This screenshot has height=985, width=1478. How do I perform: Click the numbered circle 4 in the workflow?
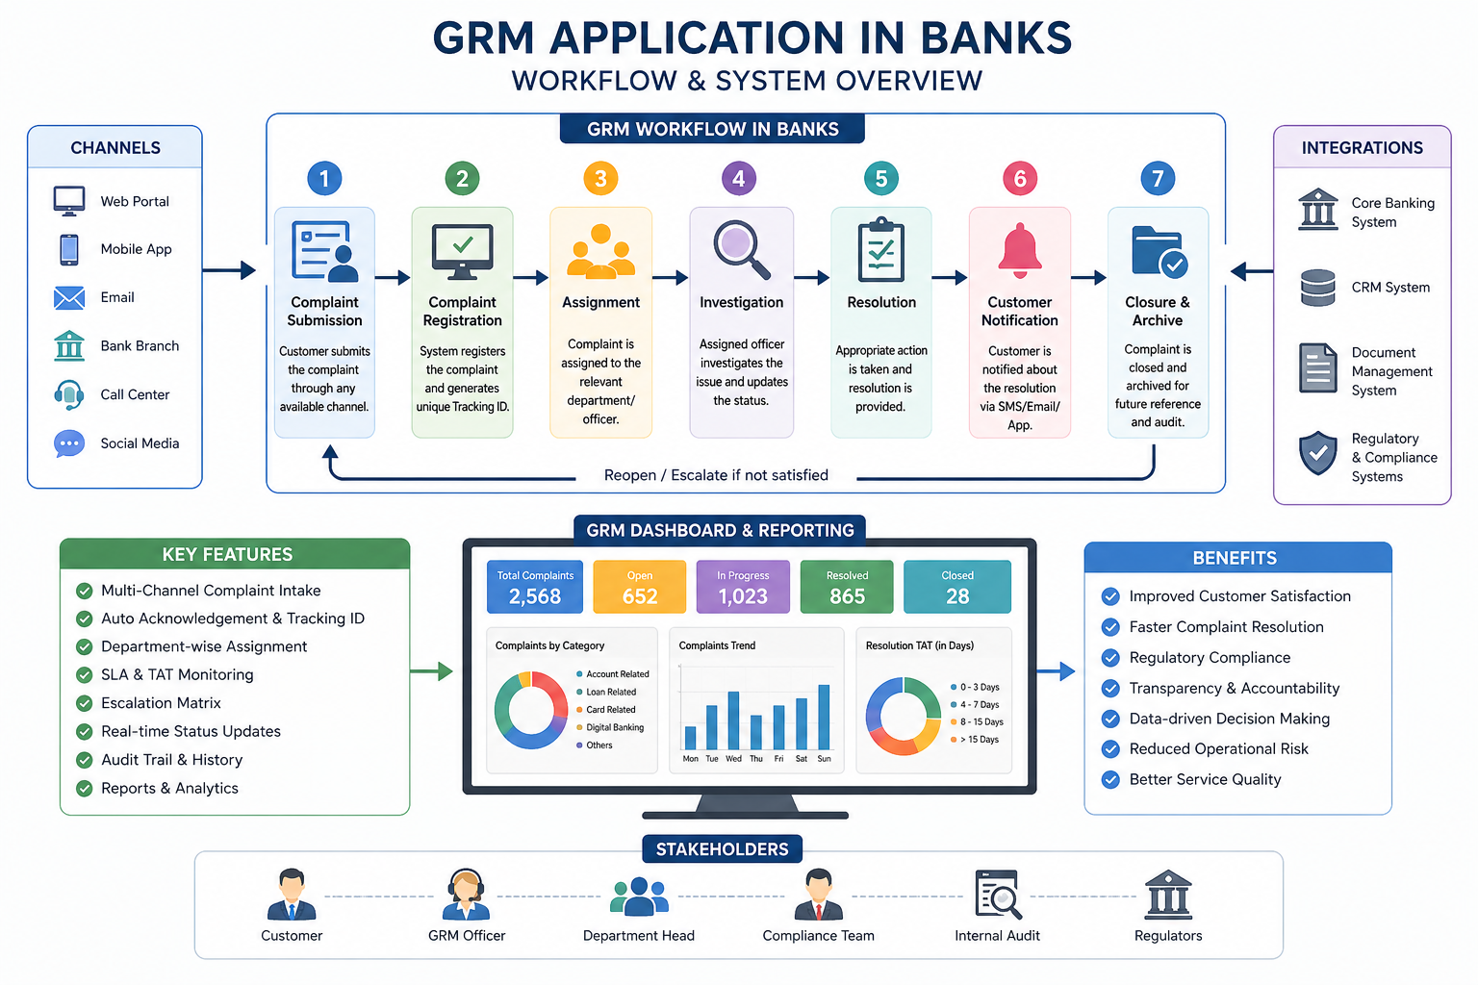[739, 178]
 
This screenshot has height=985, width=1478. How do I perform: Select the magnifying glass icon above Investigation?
[741, 248]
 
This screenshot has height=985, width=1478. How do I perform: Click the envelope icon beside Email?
[69, 297]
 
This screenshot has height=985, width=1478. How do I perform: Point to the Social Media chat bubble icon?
[69, 443]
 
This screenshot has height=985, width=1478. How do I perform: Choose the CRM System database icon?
[1317, 288]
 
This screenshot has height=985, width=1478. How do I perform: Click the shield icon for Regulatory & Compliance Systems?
[1317, 453]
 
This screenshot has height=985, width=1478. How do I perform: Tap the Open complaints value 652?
[640, 596]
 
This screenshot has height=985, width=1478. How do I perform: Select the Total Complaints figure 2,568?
[535, 596]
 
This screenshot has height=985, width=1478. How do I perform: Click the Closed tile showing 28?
[957, 587]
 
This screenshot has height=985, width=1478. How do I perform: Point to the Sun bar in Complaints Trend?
[824, 717]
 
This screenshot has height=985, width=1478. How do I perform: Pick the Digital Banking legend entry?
[614, 727]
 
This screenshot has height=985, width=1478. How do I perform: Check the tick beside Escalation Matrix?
[85, 703]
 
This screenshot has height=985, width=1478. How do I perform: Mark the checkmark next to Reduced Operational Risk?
[1110, 749]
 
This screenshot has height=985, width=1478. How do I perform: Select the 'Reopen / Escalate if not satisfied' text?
[716, 475]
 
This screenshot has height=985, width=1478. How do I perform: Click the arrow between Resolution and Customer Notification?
[950, 278]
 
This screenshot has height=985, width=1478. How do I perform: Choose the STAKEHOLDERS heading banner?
[722, 849]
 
